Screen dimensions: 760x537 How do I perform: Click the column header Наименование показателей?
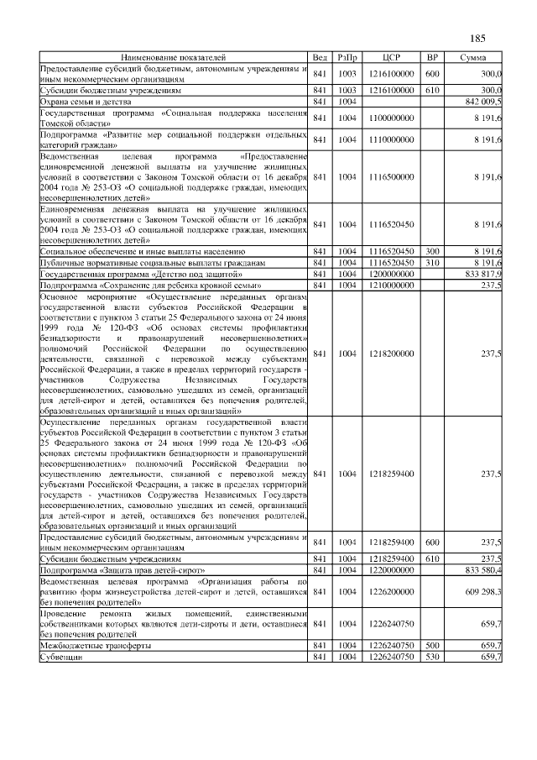(x=173, y=57)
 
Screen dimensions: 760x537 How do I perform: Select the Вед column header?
(x=320, y=57)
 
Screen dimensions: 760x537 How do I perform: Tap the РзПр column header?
(x=347, y=57)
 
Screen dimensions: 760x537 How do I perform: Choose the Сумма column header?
(x=475, y=57)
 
